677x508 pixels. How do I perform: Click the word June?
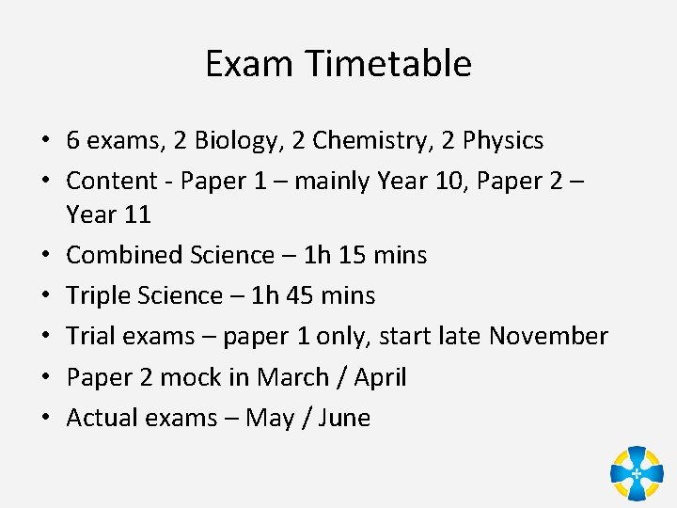tap(344, 418)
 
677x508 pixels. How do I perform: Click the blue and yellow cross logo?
tap(637, 472)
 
